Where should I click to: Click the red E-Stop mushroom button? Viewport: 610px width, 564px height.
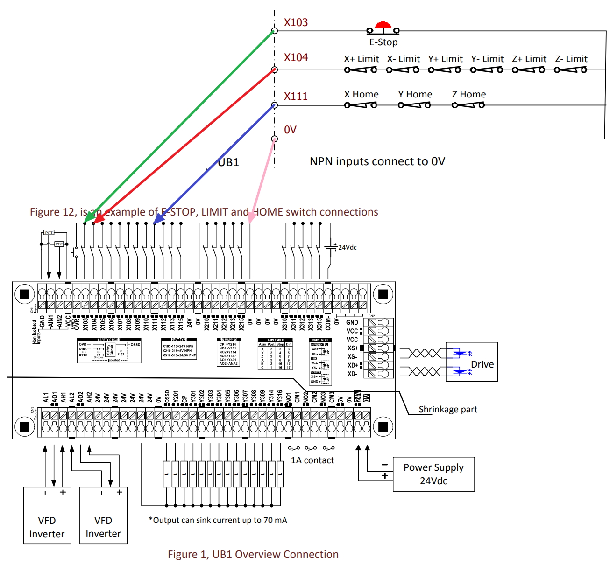pos(383,26)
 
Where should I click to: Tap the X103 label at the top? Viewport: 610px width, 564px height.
pos(296,22)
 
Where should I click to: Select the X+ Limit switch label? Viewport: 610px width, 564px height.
pos(362,59)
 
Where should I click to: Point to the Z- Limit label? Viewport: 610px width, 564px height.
pos(571,59)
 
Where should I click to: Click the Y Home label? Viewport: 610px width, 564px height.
pos(415,95)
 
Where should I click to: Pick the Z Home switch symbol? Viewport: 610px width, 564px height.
pos(468,105)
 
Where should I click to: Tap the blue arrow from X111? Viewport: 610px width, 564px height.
pos(215,163)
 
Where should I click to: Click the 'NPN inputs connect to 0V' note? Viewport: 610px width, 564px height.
pos(377,161)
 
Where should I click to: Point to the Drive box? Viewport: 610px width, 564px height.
pos(472,362)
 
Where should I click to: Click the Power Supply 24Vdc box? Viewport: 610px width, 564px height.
pos(433,474)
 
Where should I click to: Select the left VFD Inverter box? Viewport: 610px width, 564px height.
pos(47,515)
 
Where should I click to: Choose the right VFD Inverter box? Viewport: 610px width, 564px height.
pos(103,515)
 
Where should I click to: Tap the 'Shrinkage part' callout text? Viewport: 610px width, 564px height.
pos(448,410)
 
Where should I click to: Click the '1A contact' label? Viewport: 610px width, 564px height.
pos(312,460)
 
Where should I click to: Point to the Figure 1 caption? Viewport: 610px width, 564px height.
pos(253,554)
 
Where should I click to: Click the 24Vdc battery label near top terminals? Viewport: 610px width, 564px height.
pos(348,248)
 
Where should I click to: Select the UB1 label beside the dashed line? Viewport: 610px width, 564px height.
pos(228,162)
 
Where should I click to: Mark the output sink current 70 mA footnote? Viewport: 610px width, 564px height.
pos(218,520)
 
